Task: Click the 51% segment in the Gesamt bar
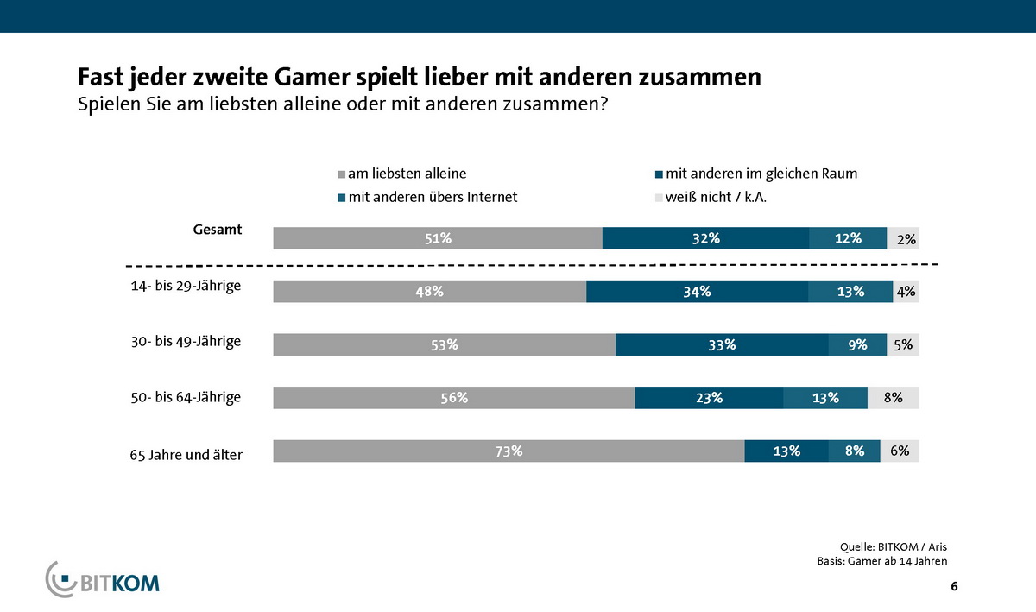438,238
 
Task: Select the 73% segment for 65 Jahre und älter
509,451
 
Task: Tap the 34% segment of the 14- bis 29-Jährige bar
697,292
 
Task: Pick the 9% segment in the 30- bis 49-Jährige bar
857,345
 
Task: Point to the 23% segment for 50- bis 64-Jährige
709,398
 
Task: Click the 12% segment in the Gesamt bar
848,238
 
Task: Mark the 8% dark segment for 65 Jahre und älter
854,451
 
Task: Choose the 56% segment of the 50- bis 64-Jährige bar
453,398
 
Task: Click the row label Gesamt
217,230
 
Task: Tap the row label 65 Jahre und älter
180,454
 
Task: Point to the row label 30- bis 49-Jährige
180,342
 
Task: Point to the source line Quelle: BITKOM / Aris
899,546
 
